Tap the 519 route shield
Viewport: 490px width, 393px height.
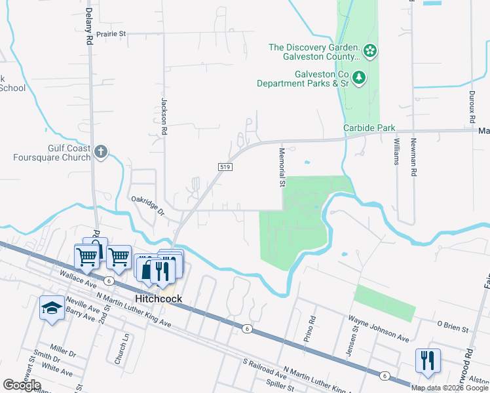pyautogui.click(x=225, y=168)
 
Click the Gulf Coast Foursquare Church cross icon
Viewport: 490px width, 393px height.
pyautogui.click(x=100, y=152)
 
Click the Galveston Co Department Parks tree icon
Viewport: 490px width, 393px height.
pyautogui.click(x=359, y=79)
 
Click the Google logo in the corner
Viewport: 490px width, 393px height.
pyautogui.click(x=22, y=385)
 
